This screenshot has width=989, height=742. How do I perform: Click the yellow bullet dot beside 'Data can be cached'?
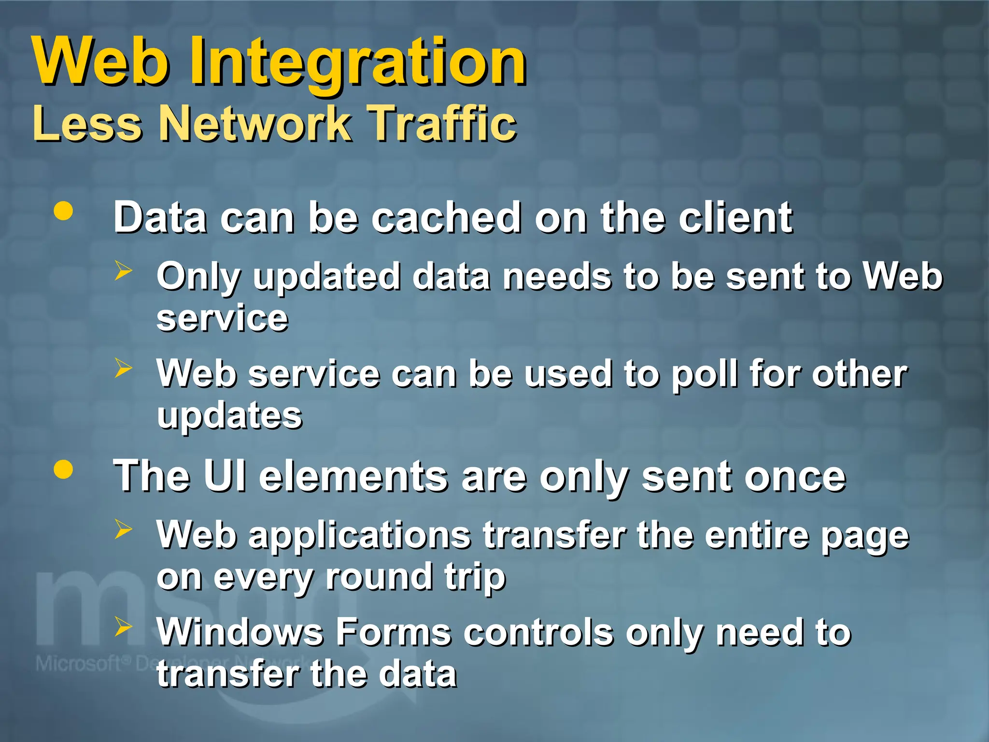(x=63, y=211)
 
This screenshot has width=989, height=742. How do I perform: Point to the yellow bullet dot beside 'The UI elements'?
(x=63, y=470)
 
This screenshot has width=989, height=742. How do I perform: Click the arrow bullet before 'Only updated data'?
(x=123, y=271)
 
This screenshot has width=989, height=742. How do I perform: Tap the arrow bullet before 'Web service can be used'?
(x=123, y=368)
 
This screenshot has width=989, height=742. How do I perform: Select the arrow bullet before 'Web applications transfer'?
(x=123, y=529)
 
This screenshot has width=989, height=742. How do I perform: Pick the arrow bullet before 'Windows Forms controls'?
(x=123, y=627)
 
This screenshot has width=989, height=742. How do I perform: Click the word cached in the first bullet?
(x=447, y=218)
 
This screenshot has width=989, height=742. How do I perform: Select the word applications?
(x=360, y=536)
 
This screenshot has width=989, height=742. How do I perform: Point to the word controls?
(x=538, y=632)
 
